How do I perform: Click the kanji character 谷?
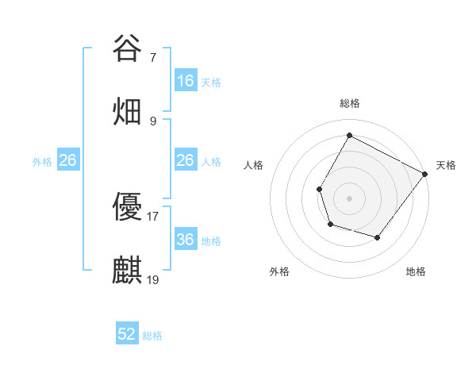click(127, 49)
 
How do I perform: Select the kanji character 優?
click(127, 208)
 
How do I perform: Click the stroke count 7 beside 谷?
click(153, 58)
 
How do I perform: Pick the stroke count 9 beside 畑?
click(153, 121)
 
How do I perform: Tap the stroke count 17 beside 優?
click(153, 217)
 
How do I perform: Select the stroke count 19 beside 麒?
click(153, 279)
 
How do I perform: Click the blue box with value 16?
click(186, 81)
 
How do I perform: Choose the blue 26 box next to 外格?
click(68, 160)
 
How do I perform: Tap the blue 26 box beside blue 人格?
click(186, 160)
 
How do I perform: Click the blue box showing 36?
click(186, 240)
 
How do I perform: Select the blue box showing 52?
click(127, 334)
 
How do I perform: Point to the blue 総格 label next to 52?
click(152, 336)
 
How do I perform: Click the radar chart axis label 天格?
click(446, 165)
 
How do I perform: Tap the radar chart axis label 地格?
click(416, 271)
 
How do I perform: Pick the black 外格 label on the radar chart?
click(279, 271)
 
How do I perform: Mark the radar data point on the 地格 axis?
click(378, 237)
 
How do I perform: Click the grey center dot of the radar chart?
click(349, 198)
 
